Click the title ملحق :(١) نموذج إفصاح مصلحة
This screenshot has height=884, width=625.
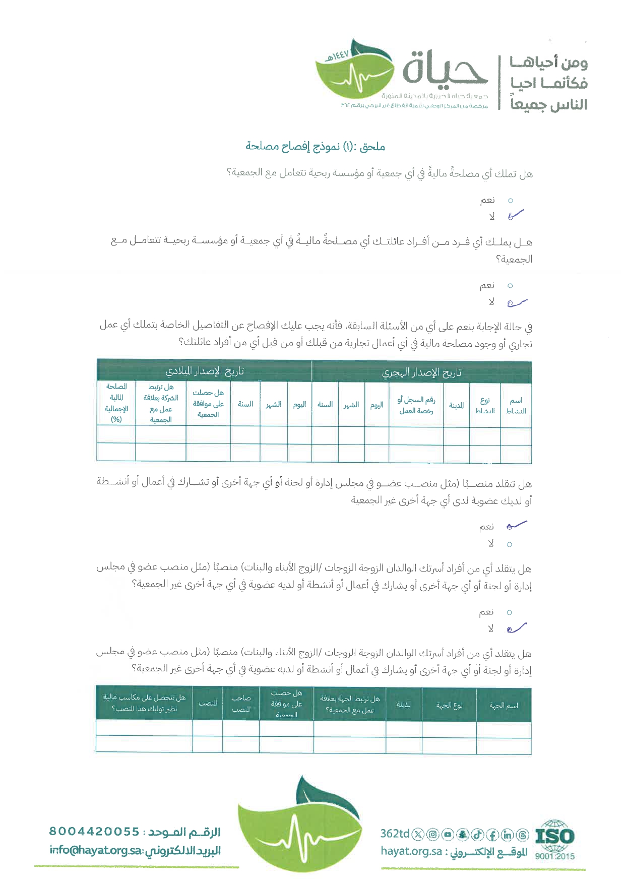pyautogui.click(x=316, y=147)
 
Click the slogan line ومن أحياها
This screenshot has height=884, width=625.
pyautogui.click(x=548, y=62)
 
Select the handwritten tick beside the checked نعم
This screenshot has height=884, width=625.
pyautogui.click(x=516, y=526)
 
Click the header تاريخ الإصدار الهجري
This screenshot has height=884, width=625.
pyautogui.click(x=421, y=372)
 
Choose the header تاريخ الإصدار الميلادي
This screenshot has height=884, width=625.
pyautogui.click(x=205, y=371)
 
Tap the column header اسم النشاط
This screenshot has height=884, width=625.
pyautogui.click(x=516, y=405)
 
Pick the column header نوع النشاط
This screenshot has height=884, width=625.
pyautogui.click(x=485, y=405)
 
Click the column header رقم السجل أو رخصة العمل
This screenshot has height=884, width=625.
pyautogui.click(x=416, y=405)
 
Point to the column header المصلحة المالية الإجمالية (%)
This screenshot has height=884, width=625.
pyautogui.click(x=116, y=403)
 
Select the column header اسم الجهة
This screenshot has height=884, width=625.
pyautogui.click(x=504, y=706)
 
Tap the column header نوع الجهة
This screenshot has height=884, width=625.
pyautogui.click(x=449, y=706)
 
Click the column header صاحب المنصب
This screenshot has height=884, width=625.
pyautogui.click(x=241, y=704)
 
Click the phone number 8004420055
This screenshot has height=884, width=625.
pyautogui.click(x=94, y=831)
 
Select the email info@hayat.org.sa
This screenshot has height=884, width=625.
pyautogui.click(x=97, y=850)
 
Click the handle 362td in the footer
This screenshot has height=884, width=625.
pyautogui.click(x=395, y=834)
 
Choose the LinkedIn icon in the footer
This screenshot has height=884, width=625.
pyautogui.click(x=507, y=835)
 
